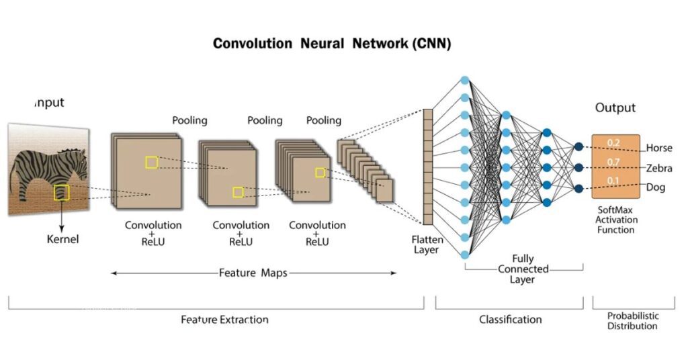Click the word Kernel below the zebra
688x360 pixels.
62,239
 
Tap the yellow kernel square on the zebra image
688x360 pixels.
62,193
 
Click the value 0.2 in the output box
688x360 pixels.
612,142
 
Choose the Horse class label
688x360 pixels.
658,148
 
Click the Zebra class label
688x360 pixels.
658,168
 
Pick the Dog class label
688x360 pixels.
655,187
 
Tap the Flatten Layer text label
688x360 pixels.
425,244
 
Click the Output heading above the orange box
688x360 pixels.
615,108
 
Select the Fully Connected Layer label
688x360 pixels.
523,269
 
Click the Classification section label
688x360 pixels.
510,320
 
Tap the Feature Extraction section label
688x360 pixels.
224,320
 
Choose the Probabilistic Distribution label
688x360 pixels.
632,321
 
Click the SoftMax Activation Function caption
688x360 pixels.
616,220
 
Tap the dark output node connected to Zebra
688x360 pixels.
578,167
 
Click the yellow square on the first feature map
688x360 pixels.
151,162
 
